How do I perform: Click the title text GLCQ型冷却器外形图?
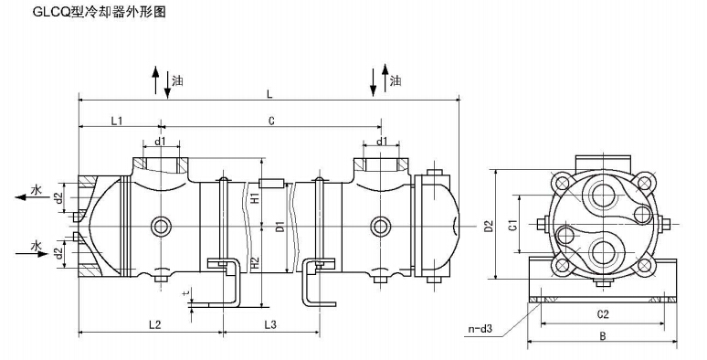100,12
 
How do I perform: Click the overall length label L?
269,94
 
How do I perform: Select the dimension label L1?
117,121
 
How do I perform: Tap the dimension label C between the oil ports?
271,121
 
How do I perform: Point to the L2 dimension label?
154,324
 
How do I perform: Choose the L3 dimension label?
270,324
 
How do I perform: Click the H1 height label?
254,197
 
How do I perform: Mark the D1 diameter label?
280,227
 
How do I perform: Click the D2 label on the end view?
490,226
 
